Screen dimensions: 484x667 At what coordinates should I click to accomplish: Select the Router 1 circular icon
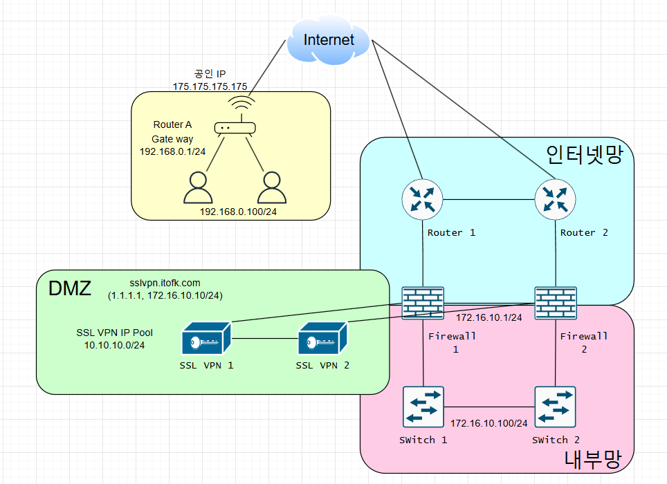pyautogui.click(x=422, y=200)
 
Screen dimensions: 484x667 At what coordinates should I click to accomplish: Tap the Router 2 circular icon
pyautogui.click(x=556, y=200)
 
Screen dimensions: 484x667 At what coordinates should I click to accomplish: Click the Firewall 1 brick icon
pyautogui.click(x=423, y=303)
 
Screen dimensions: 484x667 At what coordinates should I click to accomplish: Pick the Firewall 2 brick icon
pyautogui.click(x=556, y=303)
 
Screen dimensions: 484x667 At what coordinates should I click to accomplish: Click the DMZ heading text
pyautogui.click(x=69, y=289)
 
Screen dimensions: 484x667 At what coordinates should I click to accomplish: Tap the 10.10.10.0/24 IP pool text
pyautogui.click(x=114, y=344)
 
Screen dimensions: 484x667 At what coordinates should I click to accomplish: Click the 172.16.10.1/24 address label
pyautogui.click(x=488, y=317)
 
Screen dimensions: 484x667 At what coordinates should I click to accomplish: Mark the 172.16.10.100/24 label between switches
pyautogui.click(x=489, y=422)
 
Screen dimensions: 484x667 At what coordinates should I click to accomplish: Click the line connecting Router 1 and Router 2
pyautogui.click(x=488, y=201)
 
